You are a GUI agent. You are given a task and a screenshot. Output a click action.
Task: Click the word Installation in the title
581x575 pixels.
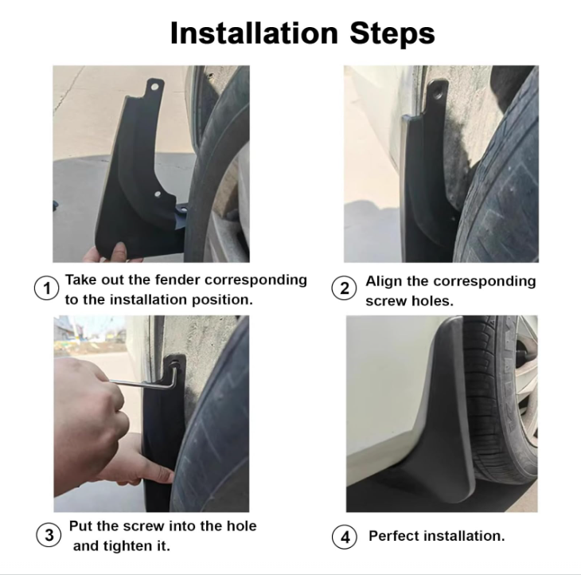click(x=254, y=33)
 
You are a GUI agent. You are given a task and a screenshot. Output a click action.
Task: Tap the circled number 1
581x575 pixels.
click(x=46, y=288)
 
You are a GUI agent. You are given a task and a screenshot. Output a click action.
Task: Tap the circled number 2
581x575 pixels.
click(x=345, y=288)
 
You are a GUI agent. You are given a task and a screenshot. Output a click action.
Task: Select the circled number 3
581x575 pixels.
click(x=49, y=535)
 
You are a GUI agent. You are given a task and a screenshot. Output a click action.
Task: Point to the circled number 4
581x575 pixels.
click(x=345, y=537)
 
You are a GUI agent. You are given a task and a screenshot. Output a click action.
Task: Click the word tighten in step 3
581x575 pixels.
click(x=127, y=546)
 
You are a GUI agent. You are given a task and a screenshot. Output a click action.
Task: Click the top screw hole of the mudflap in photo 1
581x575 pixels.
click(x=154, y=87)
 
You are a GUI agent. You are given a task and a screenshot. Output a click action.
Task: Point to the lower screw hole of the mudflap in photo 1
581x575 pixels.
click(x=158, y=194)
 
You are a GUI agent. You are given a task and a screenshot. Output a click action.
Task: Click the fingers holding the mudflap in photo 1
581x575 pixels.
click(x=107, y=252)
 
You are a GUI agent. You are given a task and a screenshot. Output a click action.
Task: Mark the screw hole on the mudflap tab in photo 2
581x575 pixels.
click(x=437, y=94)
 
